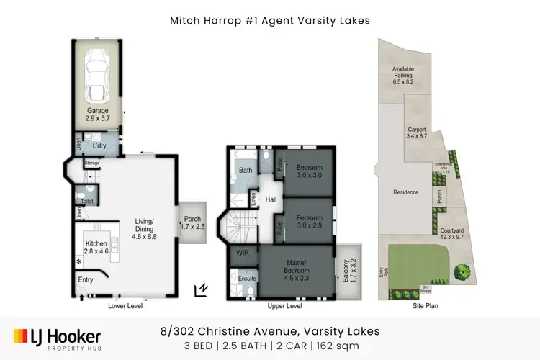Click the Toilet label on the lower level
click(x=88, y=202)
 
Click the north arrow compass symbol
click(x=201, y=289)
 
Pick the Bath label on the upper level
click(x=245, y=171)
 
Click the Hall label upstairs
click(x=271, y=199)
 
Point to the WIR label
click(x=242, y=254)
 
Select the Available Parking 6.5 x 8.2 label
click(x=402, y=76)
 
